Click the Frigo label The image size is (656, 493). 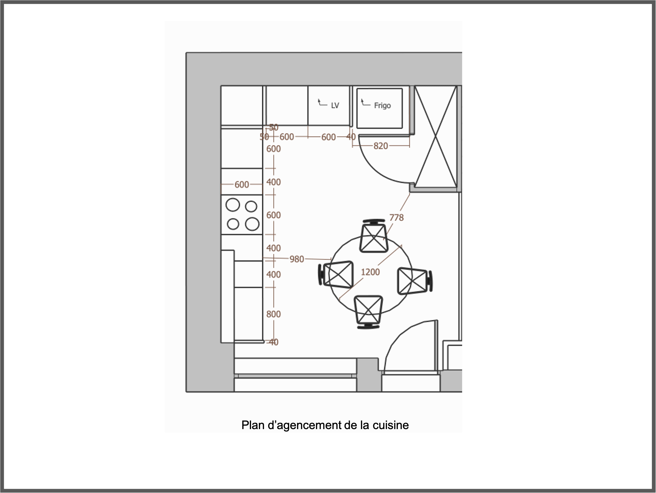382,105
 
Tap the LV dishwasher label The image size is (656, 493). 335,105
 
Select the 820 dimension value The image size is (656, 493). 380,146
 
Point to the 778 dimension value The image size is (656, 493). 396,217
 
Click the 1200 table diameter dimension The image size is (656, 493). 370,272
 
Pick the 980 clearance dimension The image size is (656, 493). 297,259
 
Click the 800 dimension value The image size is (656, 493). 273,314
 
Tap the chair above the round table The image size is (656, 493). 374,237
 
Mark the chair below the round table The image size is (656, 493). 368,310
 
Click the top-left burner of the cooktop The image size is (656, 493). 233,205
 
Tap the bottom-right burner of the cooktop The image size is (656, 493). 252,224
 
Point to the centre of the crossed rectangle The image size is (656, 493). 436,137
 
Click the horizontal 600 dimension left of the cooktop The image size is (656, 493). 241,185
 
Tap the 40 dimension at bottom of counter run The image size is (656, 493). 273,342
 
